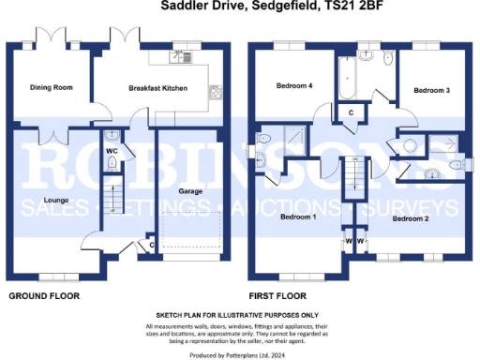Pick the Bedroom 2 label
click(x=410, y=218)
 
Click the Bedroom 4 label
click(x=292, y=86)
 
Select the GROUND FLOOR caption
click(x=44, y=296)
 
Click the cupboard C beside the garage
click(x=152, y=246)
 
